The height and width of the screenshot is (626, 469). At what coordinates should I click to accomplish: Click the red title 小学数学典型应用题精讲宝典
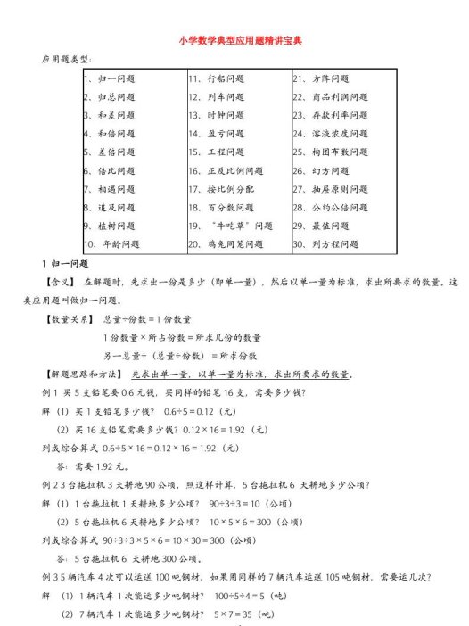[x=234, y=41]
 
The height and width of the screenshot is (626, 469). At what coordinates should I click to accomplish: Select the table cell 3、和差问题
[x=110, y=115]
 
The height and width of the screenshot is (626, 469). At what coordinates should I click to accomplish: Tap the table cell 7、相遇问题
[x=110, y=189]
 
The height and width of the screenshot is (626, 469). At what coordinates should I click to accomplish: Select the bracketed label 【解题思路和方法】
[x=82, y=374]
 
